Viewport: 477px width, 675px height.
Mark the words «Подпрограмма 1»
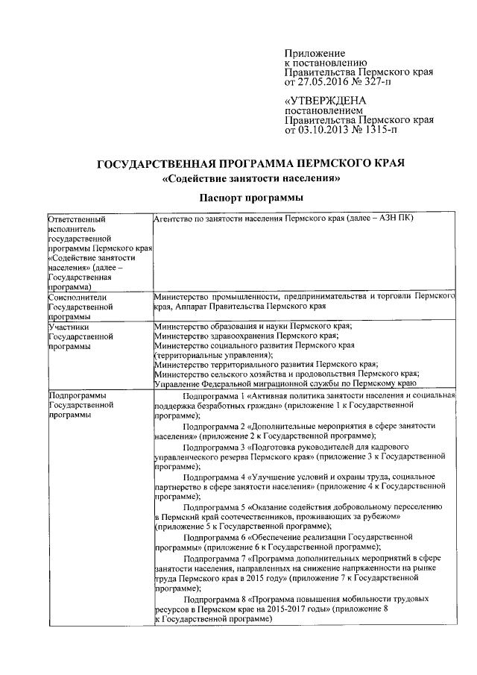click(215, 395)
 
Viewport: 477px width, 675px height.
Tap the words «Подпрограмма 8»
click(215, 599)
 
